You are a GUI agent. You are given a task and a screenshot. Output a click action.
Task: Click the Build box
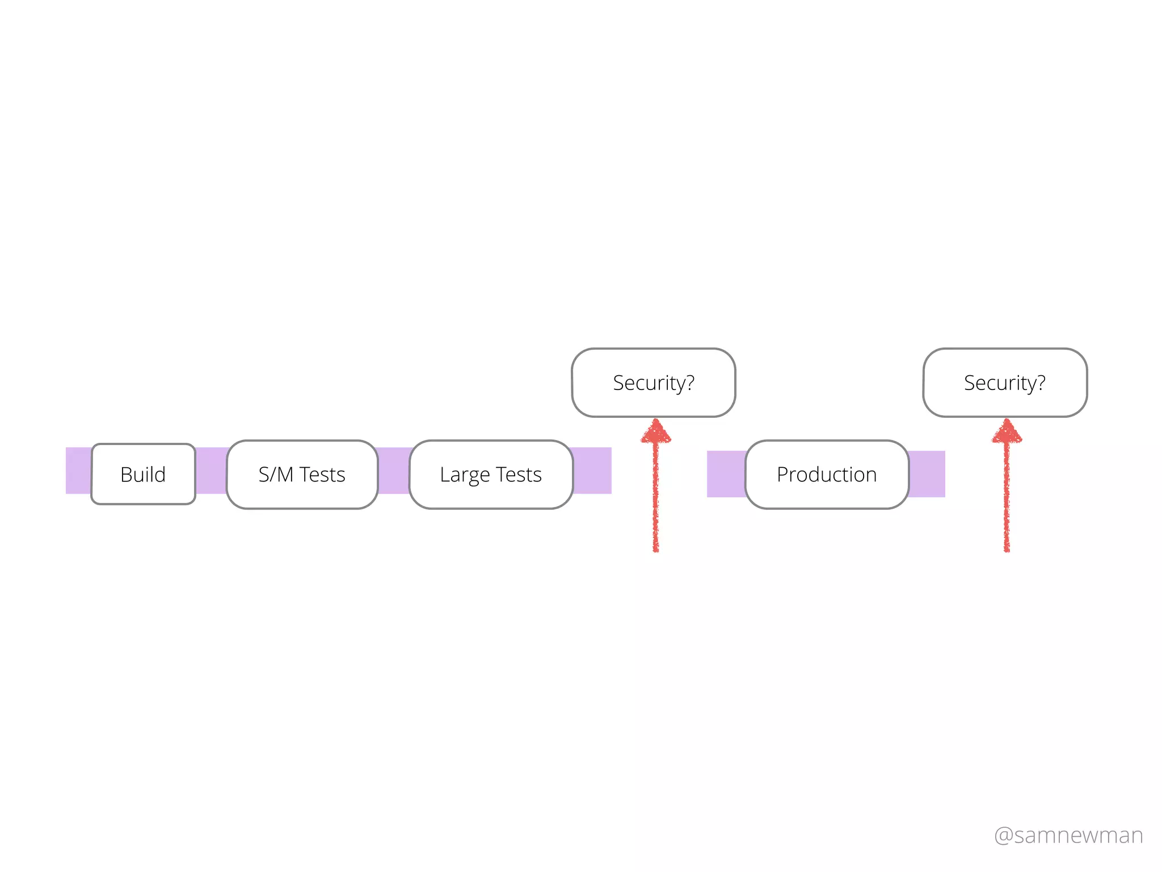pos(143,474)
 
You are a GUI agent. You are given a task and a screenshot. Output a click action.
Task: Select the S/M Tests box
pos(302,474)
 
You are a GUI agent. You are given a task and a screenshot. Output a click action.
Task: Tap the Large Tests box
pos(491,474)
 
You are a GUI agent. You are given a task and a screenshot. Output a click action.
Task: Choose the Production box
pos(827,474)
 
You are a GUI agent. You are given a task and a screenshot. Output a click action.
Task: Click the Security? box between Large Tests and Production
pos(654,383)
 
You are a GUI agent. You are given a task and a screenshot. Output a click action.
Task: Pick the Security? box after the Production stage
pos(1005,383)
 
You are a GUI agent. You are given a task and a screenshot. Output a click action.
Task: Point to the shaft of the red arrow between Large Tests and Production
pos(656,500)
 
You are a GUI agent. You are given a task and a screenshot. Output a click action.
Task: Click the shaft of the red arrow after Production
pos(1007,500)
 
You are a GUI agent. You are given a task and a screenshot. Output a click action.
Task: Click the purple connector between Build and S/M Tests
pos(211,471)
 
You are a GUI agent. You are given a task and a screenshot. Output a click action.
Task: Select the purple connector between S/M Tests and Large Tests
pos(393,471)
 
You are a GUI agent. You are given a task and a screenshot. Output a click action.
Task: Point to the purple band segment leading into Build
pos(78,471)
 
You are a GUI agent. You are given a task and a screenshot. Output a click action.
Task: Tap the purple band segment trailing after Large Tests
pos(592,471)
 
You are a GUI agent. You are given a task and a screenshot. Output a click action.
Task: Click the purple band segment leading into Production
pos(726,474)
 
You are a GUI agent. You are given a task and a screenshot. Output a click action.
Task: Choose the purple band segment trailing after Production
pos(927,474)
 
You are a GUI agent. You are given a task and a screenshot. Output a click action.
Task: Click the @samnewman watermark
pos(1068,835)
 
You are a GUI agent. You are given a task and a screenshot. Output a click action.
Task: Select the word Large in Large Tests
pos(465,475)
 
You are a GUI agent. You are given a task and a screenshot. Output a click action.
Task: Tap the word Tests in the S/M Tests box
pos(322,474)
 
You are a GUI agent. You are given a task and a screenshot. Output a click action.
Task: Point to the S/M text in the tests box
pos(276,474)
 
